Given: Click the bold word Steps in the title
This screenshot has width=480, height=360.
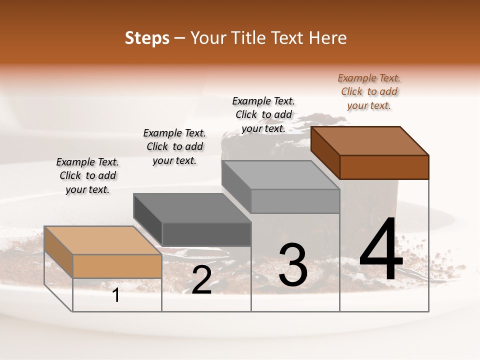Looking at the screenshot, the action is coord(146,38).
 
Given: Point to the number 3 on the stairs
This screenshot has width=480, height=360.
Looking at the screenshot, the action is coord(293,264).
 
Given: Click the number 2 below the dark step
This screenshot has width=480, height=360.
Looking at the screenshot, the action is coord(201,280).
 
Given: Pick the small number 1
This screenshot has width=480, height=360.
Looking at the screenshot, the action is coord(116,295).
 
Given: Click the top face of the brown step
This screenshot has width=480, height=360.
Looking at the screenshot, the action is coord(370,140).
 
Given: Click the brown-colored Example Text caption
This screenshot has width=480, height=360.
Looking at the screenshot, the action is coord(369,91).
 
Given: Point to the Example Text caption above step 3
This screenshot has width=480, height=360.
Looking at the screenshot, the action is coord(263,114).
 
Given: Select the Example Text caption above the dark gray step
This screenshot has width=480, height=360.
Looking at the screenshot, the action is coord(174,146).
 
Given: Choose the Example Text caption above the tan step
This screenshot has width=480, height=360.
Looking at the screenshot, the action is coord(87,175).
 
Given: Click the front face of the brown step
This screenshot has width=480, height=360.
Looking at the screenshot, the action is coord(384,167).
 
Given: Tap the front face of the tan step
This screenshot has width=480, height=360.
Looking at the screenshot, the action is coord(117,266).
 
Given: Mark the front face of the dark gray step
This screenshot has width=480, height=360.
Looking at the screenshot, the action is coord(206,234).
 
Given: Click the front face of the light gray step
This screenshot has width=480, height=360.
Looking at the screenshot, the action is coord(295,201).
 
